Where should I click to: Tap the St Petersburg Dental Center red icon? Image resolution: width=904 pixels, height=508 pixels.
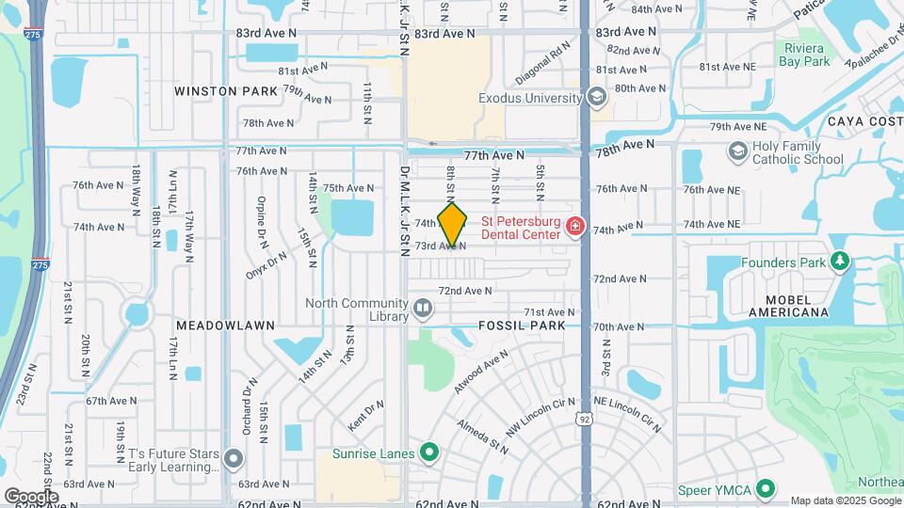(574, 226)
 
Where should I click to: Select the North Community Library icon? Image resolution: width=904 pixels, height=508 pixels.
(423, 307)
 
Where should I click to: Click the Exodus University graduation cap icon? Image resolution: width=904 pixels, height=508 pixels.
(595, 97)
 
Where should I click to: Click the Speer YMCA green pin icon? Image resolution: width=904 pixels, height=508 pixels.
(766, 489)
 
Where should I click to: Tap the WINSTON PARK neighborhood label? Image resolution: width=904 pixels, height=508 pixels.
(226, 91)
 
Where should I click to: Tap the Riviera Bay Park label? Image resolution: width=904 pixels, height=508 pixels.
(804, 55)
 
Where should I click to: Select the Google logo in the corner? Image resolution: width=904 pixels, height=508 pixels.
(31, 496)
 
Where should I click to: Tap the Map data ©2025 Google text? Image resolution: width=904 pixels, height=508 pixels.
(845, 500)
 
